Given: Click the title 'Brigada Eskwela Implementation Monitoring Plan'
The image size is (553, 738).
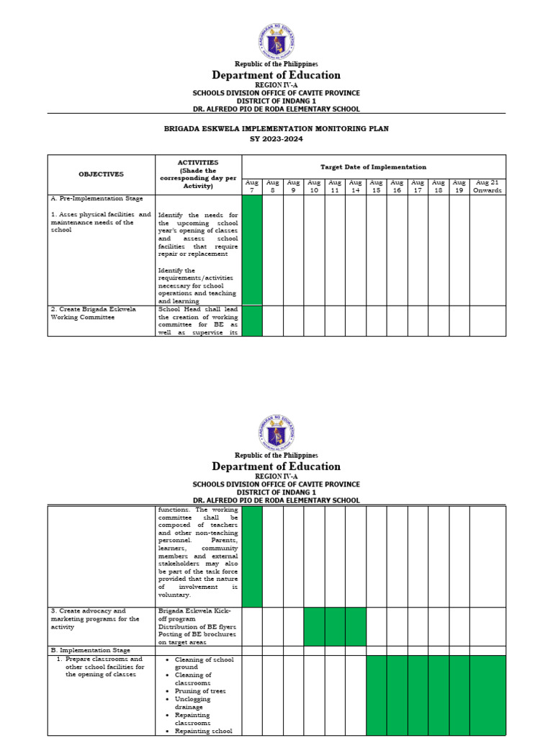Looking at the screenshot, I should tap(276, 129).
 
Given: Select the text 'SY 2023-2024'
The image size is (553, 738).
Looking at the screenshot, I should tap(276, 139).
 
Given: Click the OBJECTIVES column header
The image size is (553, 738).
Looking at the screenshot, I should tap(102, 174).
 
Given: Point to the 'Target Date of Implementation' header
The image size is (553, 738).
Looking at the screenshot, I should tap(373, 166).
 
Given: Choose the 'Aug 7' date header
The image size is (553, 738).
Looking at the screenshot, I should tap(252, 186).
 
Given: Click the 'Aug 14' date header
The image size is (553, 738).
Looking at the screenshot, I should tap(356, 186).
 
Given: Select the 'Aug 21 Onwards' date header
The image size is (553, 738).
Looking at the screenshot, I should tap(487, 186).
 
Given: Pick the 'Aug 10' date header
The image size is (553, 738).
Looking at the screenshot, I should tap(314, 186).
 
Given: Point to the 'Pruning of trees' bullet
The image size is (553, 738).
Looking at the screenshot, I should tap(201, 690).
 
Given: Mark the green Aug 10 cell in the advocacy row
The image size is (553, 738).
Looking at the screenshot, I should tap(314, 626).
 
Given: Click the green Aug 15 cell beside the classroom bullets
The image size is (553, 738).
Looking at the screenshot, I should tap(377, 695).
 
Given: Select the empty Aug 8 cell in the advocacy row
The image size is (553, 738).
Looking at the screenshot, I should tap(273, 626).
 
